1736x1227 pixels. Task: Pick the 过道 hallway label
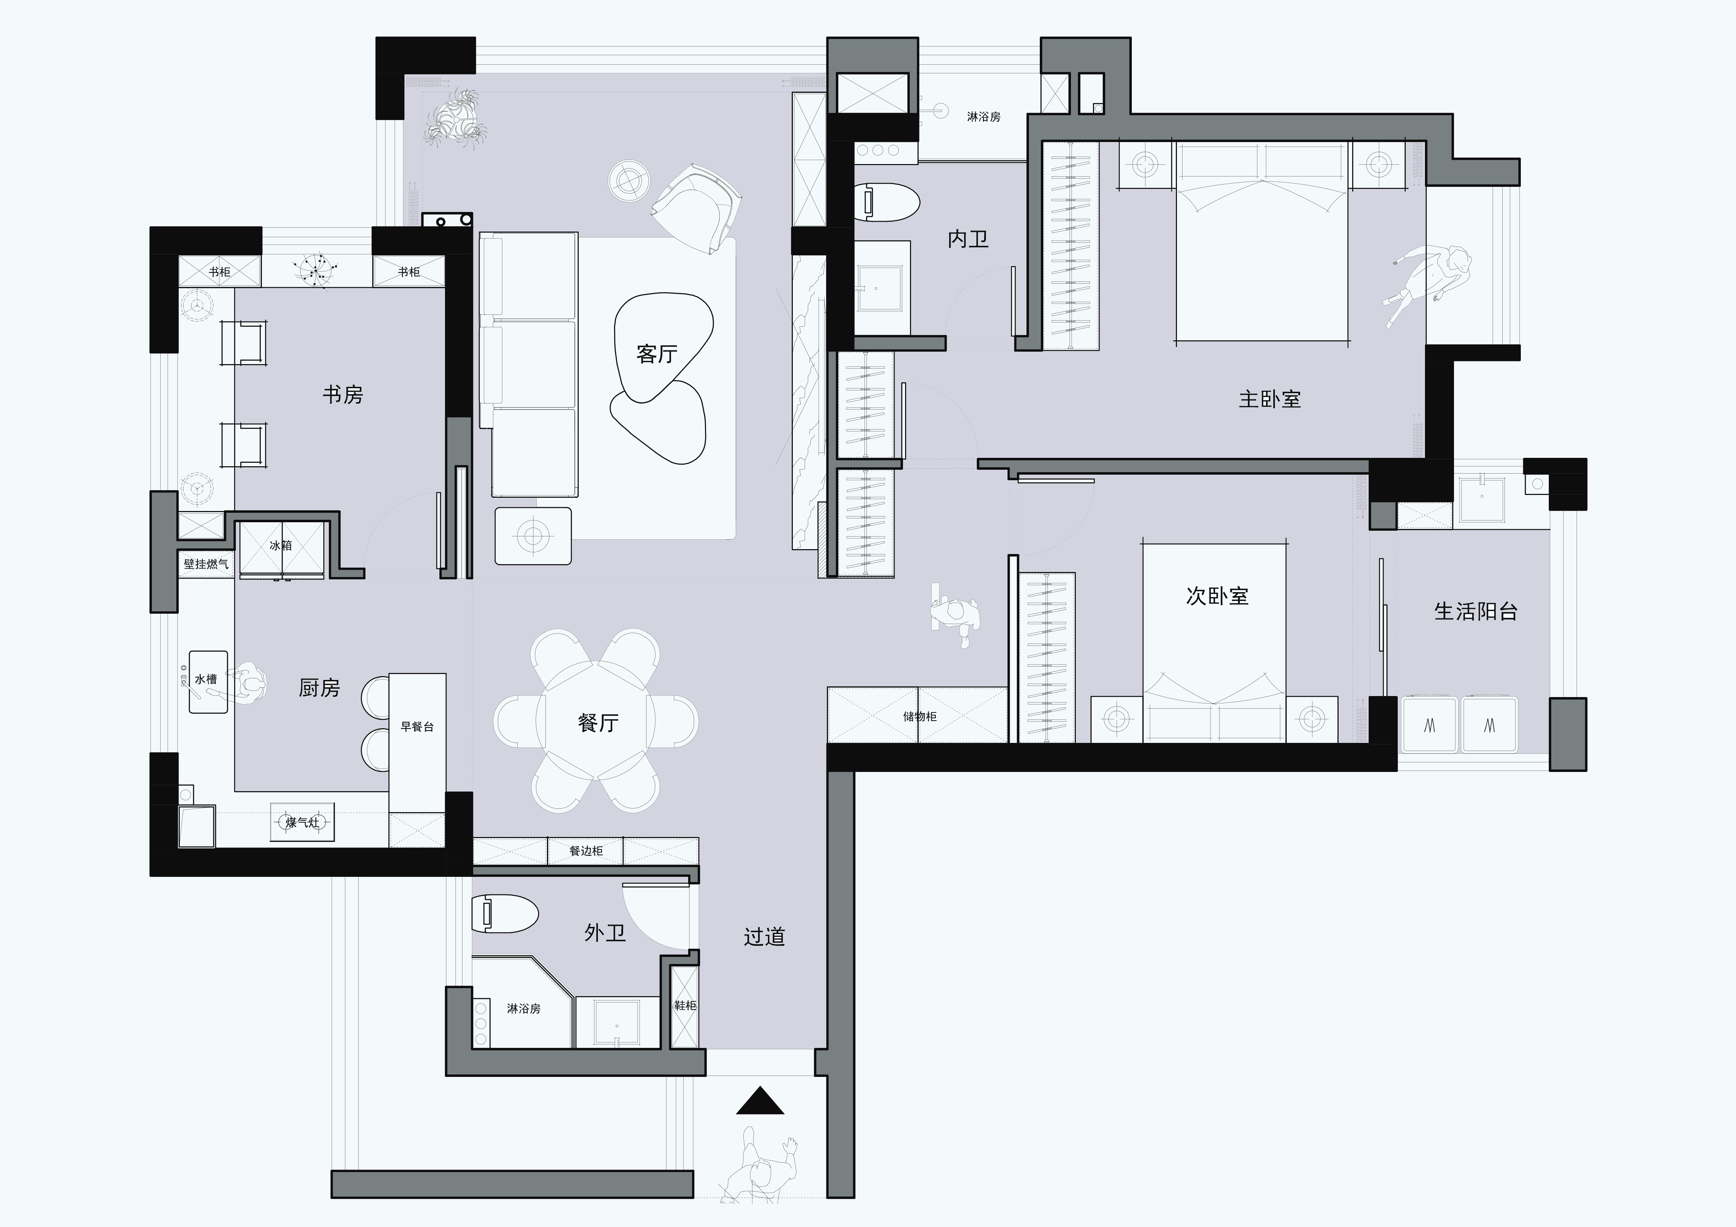(x=764, y=937)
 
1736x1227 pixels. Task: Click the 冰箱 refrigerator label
(x=281, y=545)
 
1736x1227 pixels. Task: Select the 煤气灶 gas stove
(x=302, y=823)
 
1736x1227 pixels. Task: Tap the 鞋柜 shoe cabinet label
(x=685, y=1006)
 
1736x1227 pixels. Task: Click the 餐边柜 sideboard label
(x=586, y=851)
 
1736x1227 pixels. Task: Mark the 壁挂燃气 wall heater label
(x=206, y=564)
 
